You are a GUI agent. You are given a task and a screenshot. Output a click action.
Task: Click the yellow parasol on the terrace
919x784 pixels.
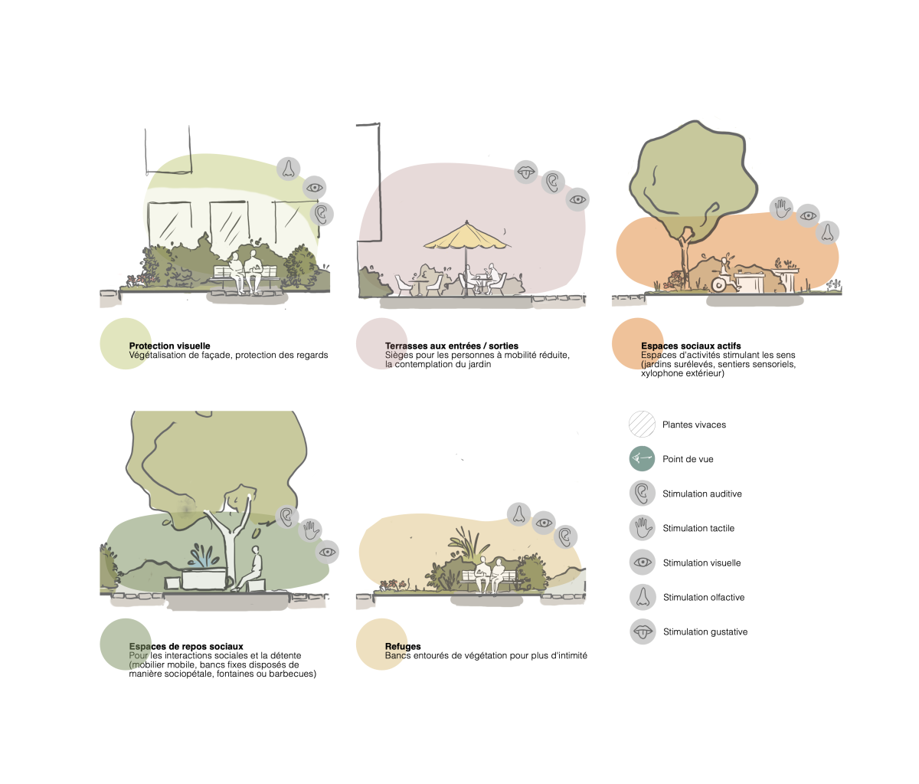pos(466,237)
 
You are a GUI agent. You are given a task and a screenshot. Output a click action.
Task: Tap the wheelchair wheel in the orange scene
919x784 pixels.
pos(718,285)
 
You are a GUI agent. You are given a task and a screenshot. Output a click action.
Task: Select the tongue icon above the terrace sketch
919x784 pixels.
pos(526,172)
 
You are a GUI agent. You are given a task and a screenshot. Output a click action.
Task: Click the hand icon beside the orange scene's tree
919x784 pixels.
pos(782,208)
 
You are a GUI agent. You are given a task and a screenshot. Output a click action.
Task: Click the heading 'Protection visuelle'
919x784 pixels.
pos(169,346)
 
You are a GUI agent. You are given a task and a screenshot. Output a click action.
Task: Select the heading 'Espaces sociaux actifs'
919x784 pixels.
pos(691,346)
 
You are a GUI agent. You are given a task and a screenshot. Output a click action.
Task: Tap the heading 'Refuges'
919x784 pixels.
pos(403,646)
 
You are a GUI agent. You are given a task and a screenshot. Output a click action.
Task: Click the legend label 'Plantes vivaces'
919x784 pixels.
pos(694,425)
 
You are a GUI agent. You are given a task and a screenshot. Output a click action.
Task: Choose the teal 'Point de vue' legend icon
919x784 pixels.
pos(642,459)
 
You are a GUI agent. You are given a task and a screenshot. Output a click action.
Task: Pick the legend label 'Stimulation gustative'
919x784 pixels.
pos(705,631)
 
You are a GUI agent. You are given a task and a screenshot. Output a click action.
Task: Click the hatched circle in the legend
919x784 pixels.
pos(642,424)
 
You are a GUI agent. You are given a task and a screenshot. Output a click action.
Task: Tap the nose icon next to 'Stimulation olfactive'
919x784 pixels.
pos(643,597)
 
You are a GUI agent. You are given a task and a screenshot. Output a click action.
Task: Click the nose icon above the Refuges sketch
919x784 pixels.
pos(519,514)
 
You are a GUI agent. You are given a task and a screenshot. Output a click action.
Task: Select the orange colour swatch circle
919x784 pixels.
pos(638,343)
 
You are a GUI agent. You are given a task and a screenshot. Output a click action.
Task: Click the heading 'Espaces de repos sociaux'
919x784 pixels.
pos(186,646)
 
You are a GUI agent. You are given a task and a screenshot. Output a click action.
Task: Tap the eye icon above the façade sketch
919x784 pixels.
pos(314,187)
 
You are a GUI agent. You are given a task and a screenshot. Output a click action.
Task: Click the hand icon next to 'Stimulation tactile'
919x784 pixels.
pos(643,528)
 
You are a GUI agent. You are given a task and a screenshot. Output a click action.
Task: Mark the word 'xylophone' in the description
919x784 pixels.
pos(661,374)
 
